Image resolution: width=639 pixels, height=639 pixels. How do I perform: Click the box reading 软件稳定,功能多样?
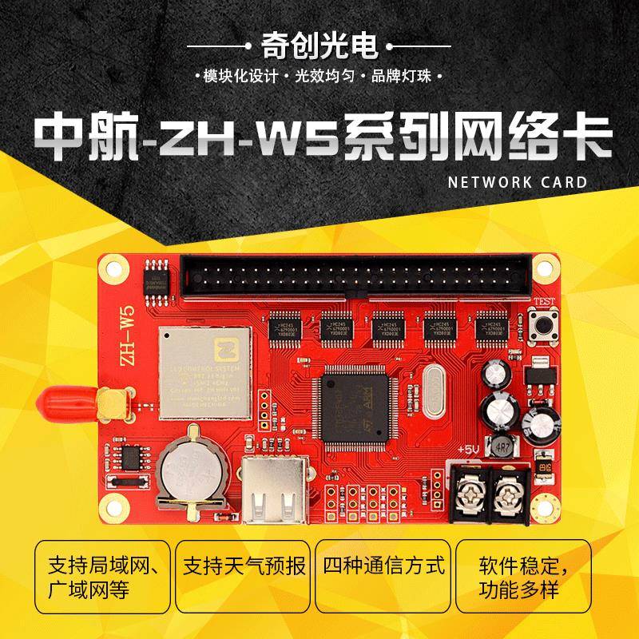pyautogui.click(x=524, y=579)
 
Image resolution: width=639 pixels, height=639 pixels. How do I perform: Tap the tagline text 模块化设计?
pyautogui.click(x=240, y=77)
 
